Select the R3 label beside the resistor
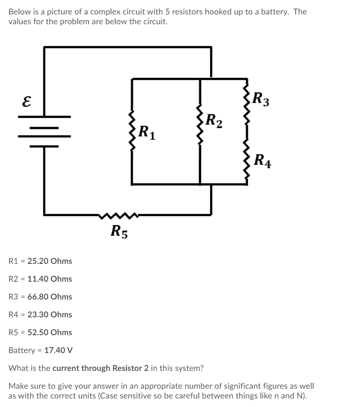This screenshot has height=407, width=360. (261, 100)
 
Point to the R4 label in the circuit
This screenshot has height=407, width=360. (262, 161)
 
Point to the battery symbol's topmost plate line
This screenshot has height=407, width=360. (44, 116)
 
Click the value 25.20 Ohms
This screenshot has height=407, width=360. (50, 261)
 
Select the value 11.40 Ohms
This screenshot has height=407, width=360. (50, 279)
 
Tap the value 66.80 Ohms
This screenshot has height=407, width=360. (50, 297)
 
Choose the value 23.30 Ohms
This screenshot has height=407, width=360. (50, 314)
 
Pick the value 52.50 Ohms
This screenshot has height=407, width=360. (50, 332)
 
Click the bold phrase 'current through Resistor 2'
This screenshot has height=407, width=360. (100, 368)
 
